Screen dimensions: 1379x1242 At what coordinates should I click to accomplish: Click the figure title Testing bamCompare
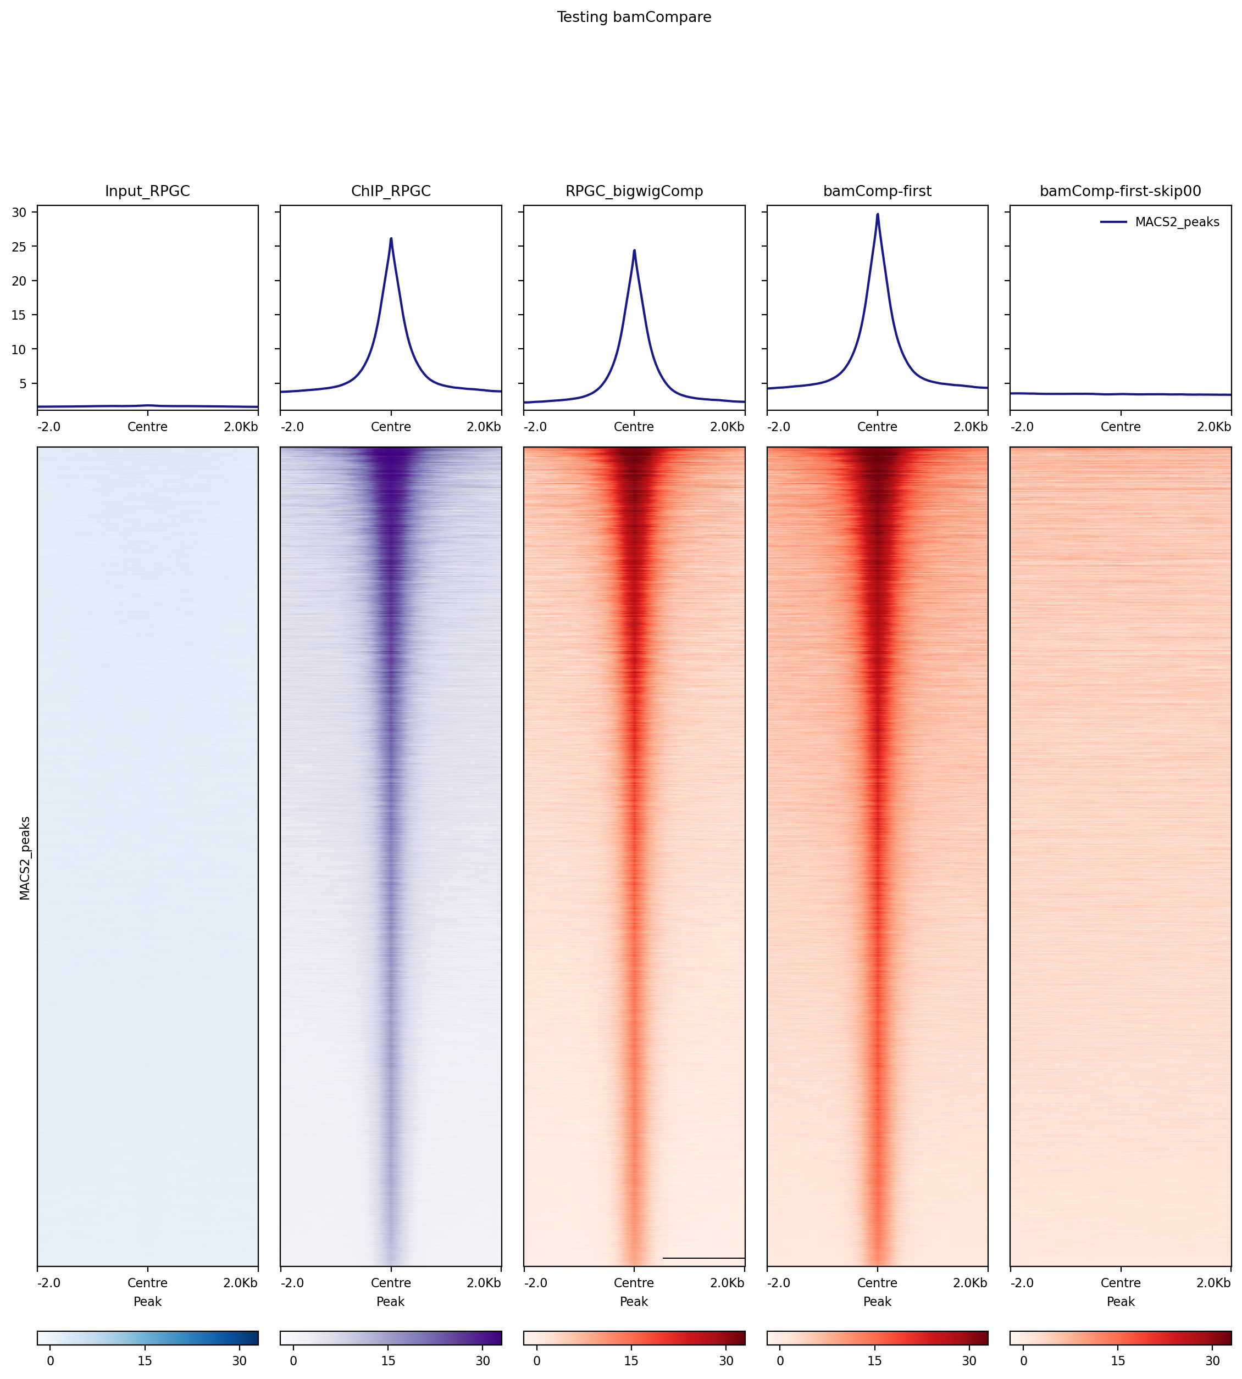[634, 17]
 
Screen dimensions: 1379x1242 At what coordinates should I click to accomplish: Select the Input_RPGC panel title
[147, 191]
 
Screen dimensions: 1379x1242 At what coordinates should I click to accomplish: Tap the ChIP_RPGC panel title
[391, 191]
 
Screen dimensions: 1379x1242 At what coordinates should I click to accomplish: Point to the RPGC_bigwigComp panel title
[634, 191]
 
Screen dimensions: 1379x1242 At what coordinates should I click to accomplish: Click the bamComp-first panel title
[877, 191]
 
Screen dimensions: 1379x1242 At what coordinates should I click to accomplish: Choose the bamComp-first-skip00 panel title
[1120, 191]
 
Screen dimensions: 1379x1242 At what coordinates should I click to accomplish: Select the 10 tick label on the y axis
[19, 350]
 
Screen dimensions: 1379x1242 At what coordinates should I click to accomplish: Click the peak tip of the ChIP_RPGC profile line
[391, 239]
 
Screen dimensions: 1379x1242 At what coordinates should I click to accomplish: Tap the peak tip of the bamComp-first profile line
[878, 214]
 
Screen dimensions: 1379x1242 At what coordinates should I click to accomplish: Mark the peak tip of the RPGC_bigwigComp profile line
[634, 250]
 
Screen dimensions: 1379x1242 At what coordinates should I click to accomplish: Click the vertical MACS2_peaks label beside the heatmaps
[25, 858]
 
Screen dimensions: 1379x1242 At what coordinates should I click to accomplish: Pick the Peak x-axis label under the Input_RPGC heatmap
[147, 1301]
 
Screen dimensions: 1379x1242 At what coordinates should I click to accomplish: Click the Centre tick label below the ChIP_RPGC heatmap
[391, 1283]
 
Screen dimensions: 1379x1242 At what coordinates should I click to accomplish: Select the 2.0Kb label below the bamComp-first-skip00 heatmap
[1213, 1283]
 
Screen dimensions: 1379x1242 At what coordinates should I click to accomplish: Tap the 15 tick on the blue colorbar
[145, 1360]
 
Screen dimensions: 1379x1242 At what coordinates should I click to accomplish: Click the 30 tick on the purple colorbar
[483, 1360]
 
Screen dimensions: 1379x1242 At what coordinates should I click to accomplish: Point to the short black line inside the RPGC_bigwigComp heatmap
[703, 1258]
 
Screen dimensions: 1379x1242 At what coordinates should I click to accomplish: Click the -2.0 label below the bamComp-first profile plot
[779, 427]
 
